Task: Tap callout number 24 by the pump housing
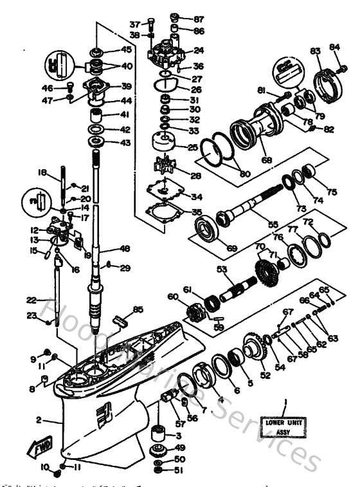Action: click(199, 50)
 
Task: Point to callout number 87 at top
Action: click(198, 17)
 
